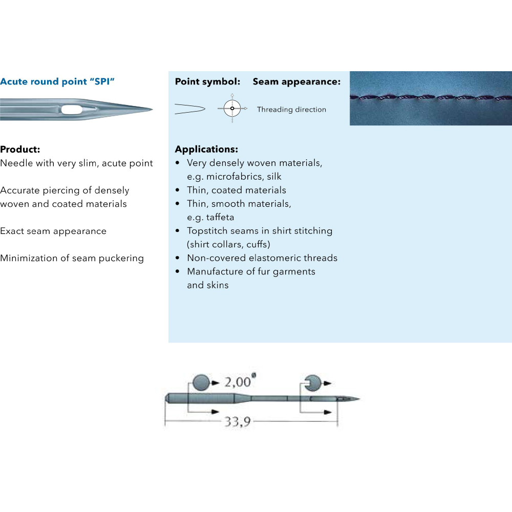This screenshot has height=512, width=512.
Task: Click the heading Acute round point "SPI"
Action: tap(57, 81)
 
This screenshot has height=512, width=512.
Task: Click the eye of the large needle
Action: tap(72, 110)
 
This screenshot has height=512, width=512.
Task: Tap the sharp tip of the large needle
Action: tap(152, 110)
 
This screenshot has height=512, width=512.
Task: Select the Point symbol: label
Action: tap(207, 81)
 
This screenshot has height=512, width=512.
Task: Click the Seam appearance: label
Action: tap(296, 81)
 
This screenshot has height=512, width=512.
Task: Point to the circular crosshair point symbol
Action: tap(232, 109)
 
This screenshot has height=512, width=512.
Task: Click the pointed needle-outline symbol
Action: tap(190, 109)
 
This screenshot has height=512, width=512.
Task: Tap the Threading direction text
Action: tap(291, 110)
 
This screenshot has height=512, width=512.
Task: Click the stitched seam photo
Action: tap(431, 98)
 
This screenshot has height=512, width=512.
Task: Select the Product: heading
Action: tap(20, 149)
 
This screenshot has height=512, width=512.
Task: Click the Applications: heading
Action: tap(206, 149)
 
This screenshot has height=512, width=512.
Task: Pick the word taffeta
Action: tap(220, 217)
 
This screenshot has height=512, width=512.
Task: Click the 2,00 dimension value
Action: tap(238, 382)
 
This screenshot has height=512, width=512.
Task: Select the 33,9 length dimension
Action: tap(238, 421)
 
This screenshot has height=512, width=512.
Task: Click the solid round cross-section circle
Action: tap(201, 382)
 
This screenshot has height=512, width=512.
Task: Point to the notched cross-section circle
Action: tap(313, 382)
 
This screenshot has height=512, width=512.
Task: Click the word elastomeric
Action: tap(274, 258)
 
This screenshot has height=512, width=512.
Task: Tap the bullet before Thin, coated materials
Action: tap(177, 190)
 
